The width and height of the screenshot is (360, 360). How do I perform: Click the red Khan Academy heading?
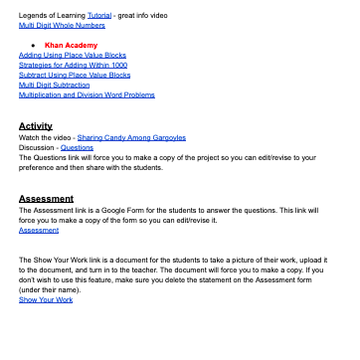(72, 46)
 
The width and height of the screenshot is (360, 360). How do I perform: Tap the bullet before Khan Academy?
(35, 46)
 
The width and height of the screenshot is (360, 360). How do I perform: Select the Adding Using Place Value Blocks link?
(73, 56)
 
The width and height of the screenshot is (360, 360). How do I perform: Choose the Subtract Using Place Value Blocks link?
(75, 75)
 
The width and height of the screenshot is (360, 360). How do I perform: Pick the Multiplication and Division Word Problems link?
(87, 94)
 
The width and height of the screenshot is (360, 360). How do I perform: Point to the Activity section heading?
(36, 126)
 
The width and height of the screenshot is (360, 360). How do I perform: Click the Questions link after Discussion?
(77, 147)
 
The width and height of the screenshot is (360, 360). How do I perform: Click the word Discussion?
(38, 147)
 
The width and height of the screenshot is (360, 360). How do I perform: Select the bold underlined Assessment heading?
(47, 199)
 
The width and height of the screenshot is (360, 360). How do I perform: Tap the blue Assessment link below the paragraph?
(39, 230)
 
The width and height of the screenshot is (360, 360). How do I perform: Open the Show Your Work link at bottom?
(46, 299)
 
